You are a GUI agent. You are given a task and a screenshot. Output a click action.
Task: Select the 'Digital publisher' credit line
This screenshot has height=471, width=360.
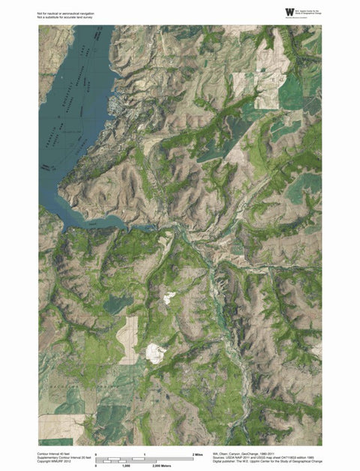[x=267, y=463]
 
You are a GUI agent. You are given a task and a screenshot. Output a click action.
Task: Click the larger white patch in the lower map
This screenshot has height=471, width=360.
[x=156, y=352]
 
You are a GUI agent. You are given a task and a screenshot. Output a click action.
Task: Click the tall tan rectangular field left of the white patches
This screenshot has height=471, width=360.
[x=127, y=339]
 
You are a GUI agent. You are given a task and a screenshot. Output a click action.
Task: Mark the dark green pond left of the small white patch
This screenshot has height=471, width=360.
[x=116, y=304]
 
